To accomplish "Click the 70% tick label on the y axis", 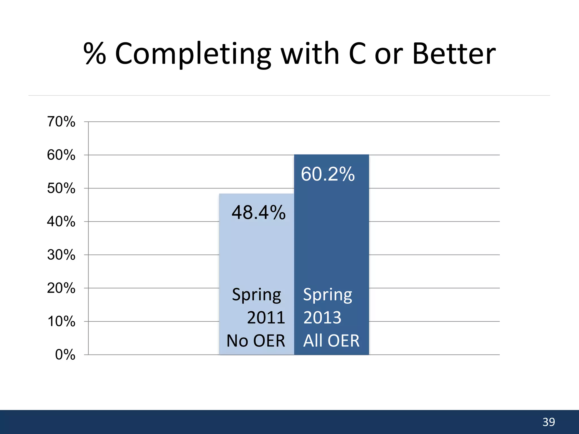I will pyautogui.click(x=61, y=122).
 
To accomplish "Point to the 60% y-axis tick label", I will pyautogui.click(x=61, y=155).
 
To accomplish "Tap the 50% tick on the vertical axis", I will pyautogui.click(x=61, y=188).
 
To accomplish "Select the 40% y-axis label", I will pyautogui.click(x=61, y=222).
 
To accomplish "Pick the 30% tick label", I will pyautogui.click(x=61, y=255).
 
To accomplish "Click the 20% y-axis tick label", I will pyautogui.click(x=61, y=288).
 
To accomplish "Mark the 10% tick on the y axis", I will pyautogui.click(x=61, y=322).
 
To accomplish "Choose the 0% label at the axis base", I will pyautogui.click(x=65, y=355).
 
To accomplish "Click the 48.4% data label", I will pyautogui.click(x=258, y=212).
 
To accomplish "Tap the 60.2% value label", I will pyautogui.click(x=328, y=174).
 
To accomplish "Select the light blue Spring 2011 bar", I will pyautogui.click(x=256, y=254).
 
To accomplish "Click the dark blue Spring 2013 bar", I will pyautogui.click(x=331, y=240).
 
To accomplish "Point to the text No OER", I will pyautogui.click(x=256, y=340).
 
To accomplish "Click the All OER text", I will pyautogui.click(x=331, y=340).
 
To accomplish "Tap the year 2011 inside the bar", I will pyautogui.click(x=266, y=318).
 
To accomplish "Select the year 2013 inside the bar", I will pyautogui.click(x=322, y=318).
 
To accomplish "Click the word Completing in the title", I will pyautogui.click(x=193, y=54).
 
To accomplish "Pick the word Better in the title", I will pyautogui.click(x=454, y=54).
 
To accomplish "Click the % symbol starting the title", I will pyautogui.click(x=95, y=54).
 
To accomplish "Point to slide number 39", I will pyautogui.click(x=549, y=422).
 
